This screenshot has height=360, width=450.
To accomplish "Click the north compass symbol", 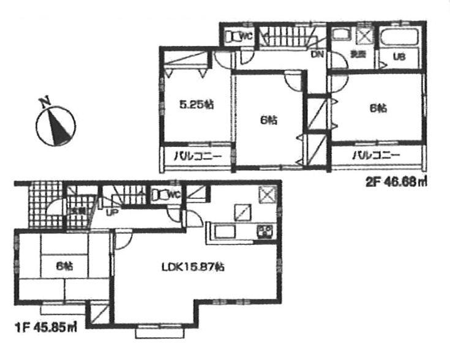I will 56,125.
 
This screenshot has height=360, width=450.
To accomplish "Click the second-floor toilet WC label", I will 246,36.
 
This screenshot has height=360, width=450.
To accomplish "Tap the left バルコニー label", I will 196,156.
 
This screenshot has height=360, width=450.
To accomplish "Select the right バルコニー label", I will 375,156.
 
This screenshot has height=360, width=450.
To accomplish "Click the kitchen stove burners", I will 266,231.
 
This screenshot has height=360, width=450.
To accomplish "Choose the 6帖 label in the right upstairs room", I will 378,108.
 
